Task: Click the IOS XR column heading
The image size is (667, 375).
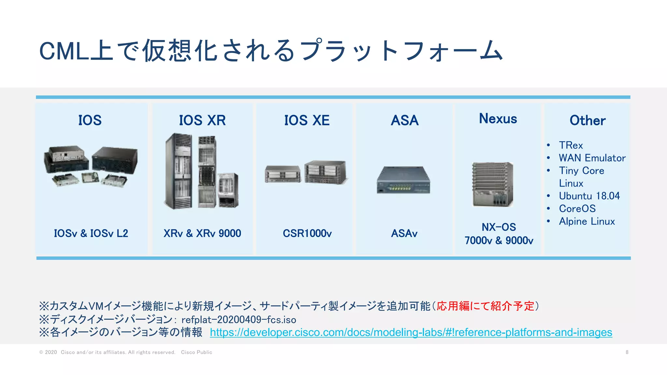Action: click(202, 120)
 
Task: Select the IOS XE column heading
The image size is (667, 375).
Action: click(307, 120)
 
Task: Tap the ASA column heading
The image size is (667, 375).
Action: click(404, 120)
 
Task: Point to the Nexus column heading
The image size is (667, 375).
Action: click(498, 119)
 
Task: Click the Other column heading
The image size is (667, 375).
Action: click(588, 120)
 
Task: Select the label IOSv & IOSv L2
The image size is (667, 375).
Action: click(91, 233)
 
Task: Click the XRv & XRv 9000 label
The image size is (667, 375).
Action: click(202, 233)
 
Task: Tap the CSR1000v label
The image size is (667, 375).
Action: click(307, 233)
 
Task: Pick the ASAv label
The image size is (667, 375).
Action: click(404, 233)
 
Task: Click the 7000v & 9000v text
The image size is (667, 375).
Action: click(499, 241)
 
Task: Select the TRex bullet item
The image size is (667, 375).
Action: click(571, 145)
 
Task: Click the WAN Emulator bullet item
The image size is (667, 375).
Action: click(592, 158)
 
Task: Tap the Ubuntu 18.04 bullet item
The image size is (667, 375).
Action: click(589, 196)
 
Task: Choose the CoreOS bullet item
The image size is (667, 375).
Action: click(577, 209)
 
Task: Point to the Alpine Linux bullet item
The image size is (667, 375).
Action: click(587, 221)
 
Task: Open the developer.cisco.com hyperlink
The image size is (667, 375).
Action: click(411, 332)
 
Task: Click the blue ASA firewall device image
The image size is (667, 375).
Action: click(404, 180)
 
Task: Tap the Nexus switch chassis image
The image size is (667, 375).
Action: click(493, 184)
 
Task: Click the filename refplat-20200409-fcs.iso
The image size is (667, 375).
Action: click(239, 320)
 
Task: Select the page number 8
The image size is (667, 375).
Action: click(627, 352)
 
